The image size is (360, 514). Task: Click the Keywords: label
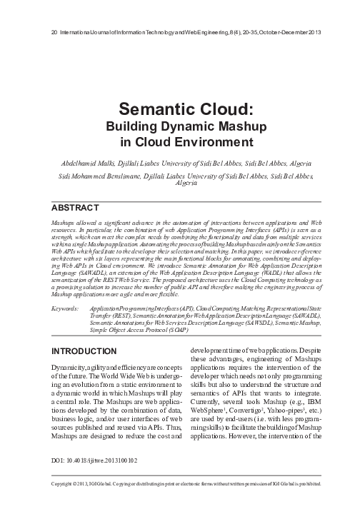[65, 308]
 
